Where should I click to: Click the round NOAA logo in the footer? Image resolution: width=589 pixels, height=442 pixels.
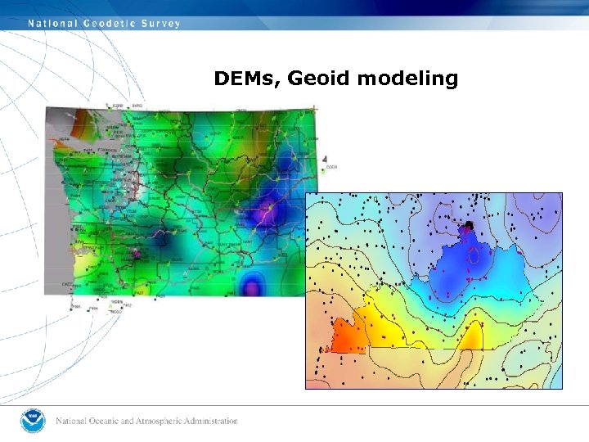pos(34,421)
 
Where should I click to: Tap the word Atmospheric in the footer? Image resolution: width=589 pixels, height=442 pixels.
pos(152,422)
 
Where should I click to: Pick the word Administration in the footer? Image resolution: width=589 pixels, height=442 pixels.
pos(208,422)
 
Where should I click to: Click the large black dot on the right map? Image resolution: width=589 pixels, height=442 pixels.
pos(470,225)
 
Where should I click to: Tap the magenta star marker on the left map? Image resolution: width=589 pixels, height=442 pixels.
pos(137,254)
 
